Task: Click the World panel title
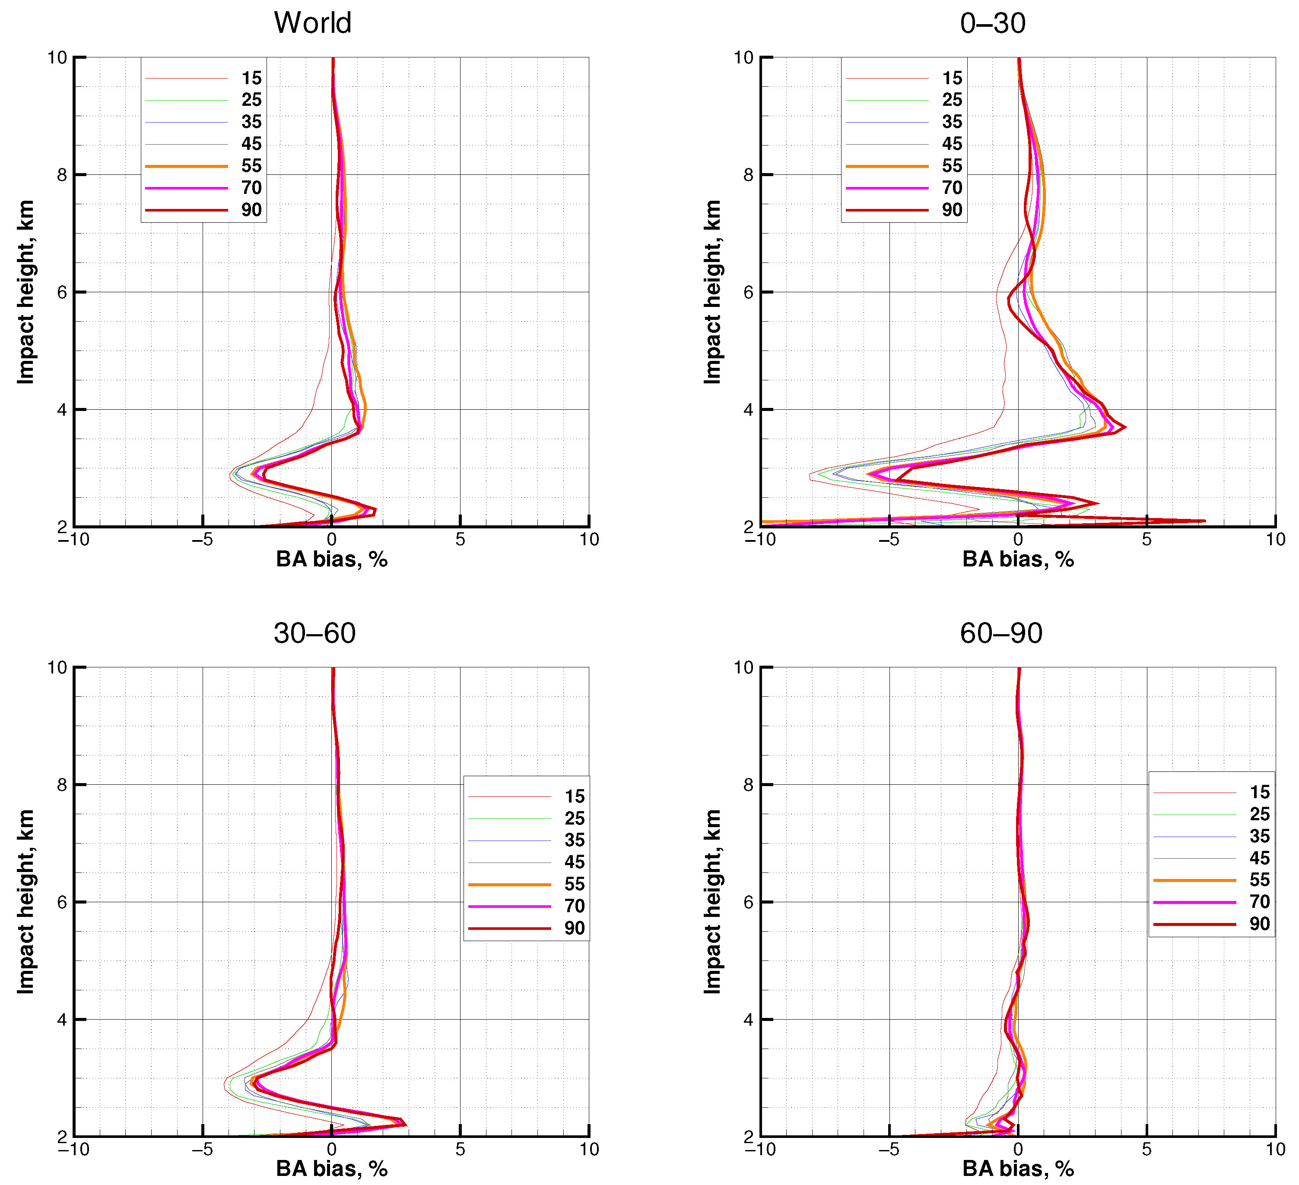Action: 312,23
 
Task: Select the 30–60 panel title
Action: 314,633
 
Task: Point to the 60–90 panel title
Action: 1000,633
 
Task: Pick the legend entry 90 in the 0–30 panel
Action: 952,209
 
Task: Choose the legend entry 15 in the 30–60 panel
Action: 574,796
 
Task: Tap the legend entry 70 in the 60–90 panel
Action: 1259,902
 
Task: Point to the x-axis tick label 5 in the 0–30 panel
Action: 1146,540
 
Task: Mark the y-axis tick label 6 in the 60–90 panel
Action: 748,902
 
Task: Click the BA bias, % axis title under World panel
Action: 331,559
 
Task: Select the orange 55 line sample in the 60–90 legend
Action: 1194,880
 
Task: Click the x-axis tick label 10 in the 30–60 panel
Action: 588,1150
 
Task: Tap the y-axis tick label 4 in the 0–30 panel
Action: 748,410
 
